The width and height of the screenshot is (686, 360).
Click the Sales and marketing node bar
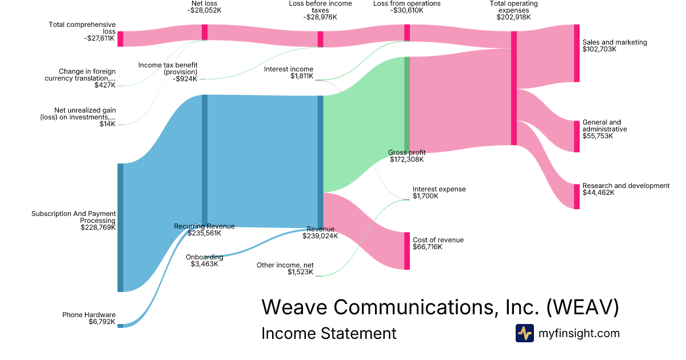(x=577, y=53)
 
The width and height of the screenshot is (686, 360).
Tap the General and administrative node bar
(x=577, y=136)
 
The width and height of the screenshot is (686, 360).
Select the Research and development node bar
(x=577, y=196)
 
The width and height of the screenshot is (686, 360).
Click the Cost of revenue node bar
(x=407, y=250)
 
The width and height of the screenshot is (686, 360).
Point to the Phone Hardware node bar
(x=120, y=326)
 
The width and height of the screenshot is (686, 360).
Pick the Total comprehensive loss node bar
(x=120, y=39)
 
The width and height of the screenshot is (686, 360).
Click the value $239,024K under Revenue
(x=320, y=236)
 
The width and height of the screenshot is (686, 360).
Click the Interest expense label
(x=439, y=189)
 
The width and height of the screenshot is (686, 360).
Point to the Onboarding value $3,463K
(x=204, y=265)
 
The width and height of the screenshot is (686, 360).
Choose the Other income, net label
(x=285, y=265)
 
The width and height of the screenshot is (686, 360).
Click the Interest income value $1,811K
(x=302, y=77)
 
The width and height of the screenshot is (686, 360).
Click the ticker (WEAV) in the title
(x=583, y=307)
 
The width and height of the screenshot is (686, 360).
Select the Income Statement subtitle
(x=328, y=333)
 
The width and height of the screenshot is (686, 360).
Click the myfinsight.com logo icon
(x=524, y=333)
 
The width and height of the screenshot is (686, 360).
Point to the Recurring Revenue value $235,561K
(x=204, y=233)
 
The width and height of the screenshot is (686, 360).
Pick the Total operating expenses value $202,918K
(x=513, y=17)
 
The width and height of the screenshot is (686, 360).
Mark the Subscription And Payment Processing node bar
(x=120, y=227)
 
